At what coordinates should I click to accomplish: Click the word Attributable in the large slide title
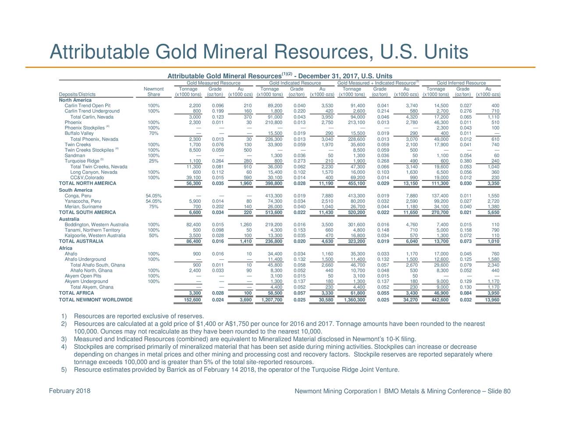(99, 52)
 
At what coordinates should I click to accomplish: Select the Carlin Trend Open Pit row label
(88, 106)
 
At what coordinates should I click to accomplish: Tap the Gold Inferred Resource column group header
(461, 83)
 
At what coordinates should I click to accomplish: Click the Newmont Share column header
(153, 92)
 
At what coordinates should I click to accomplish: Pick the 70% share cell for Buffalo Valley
(153, 134)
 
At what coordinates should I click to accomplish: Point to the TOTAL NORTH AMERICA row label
(88, 183)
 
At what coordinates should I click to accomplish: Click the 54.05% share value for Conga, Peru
(153, 196)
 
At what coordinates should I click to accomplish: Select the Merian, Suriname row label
(83, 207)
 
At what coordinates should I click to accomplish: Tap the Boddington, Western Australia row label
(96, 225)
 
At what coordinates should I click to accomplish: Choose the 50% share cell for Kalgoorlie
(153, 236)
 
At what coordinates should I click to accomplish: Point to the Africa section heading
(66, 248)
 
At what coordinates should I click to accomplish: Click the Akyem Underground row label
(86, 282)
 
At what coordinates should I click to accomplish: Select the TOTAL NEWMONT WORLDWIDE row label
(96, 299)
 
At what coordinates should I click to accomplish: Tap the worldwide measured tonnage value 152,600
(192, 299)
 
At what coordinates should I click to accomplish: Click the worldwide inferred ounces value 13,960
(492, 299)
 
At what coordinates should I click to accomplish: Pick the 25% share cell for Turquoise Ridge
(153, 161)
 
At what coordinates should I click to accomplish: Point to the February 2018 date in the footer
(70, 391)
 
